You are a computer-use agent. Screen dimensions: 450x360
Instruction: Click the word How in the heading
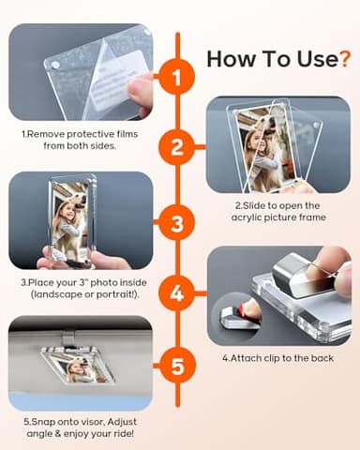click(x=231, y=59)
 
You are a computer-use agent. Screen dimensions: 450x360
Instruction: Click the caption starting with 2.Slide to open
click(x=277, y=211)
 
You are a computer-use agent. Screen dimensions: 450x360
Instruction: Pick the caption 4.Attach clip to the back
click(x=277, y=357)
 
